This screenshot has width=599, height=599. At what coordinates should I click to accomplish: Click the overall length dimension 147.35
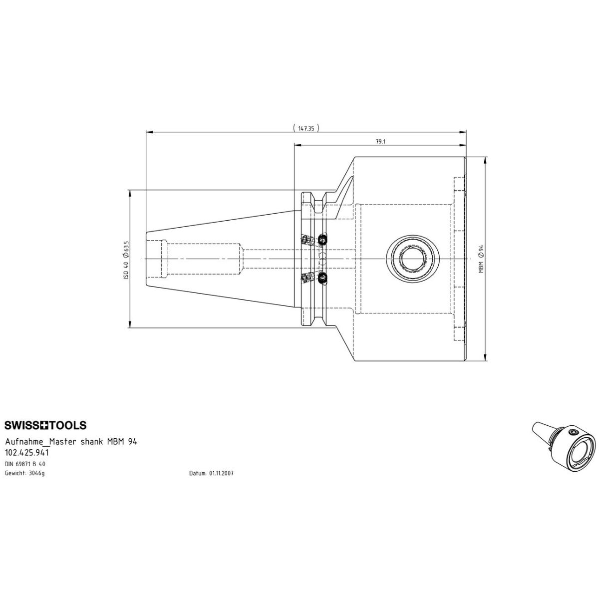306,128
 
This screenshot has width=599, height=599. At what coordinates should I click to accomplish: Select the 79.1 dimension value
380,141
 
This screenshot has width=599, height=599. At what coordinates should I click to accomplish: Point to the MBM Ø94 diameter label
481,259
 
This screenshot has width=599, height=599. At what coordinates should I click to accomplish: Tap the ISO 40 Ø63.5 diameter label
126,260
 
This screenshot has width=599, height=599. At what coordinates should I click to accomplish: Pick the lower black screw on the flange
322,277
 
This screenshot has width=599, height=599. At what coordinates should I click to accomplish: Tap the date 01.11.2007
221,473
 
